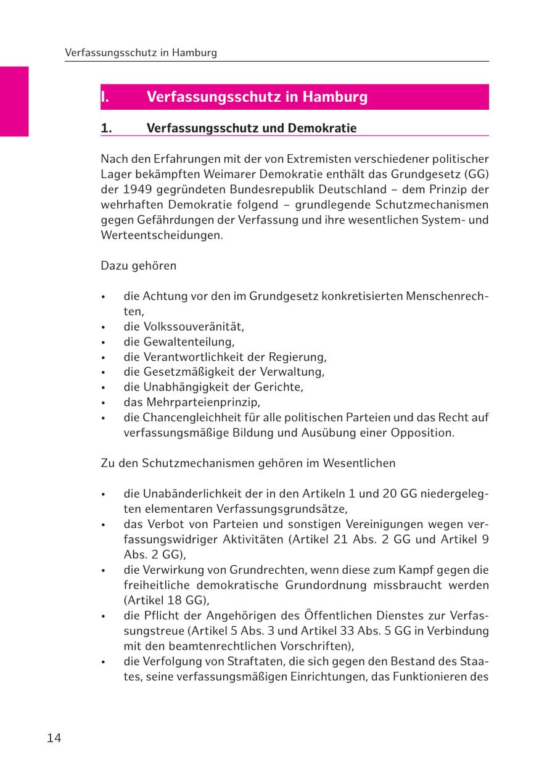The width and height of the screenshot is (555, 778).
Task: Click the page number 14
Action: [x=54, y=738]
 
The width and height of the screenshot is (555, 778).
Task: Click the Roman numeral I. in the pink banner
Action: [x=105, y=97]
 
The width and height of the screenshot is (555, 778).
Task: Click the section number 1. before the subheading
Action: [x=106, y=128]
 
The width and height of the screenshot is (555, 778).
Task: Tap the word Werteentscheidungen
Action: [x=162, y=235]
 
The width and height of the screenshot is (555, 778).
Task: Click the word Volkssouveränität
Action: [x=193, y=326]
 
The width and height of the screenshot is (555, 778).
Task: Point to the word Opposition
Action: [x=422, y=432]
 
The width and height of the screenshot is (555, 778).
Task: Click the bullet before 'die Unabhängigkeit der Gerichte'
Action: [x=104, y=387]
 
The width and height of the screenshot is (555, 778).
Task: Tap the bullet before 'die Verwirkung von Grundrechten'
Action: [x=104, y=570]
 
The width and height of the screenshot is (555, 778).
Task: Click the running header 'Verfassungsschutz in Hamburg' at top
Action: [x=141, y=53]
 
